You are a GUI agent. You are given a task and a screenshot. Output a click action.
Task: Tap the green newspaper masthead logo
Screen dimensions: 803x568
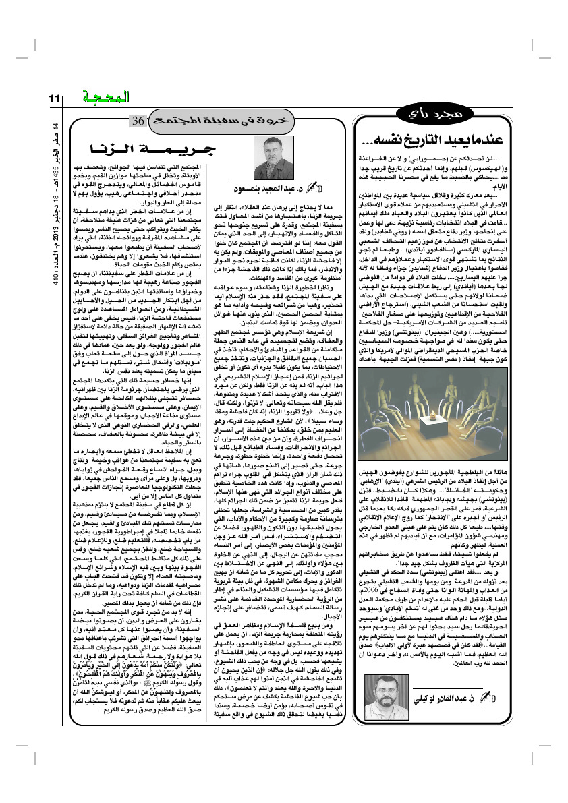[102, 97]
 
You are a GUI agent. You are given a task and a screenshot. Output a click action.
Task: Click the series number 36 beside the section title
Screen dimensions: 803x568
[137, 122]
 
